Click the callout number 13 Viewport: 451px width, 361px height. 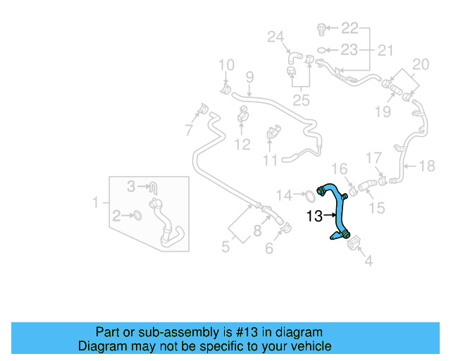(315, 216)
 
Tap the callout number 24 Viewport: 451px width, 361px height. (275, 37)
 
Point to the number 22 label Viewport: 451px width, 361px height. (350, 28)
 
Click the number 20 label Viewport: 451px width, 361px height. (420, 65)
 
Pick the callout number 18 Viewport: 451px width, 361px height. (427, 166)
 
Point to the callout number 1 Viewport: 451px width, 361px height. (97, 203)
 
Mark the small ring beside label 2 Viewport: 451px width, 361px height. (138, 214)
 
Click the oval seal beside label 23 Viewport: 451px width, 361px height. (321, 49)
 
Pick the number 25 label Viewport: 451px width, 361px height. (301, 100)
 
